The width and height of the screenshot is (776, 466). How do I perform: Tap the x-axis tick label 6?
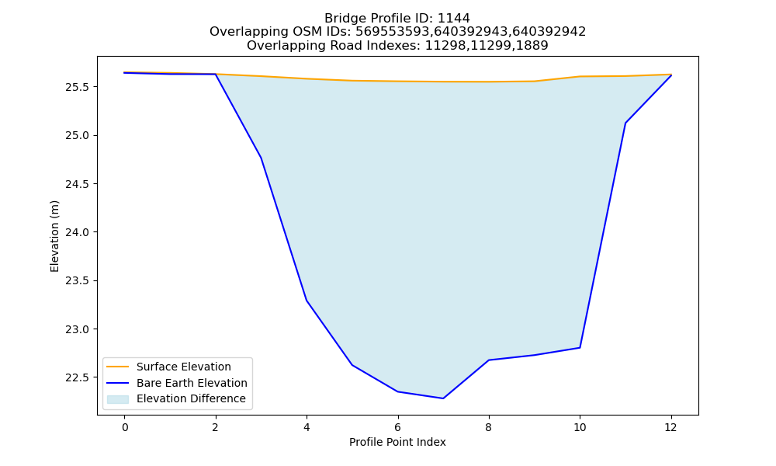click(398, 427)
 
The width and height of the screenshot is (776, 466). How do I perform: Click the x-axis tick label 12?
click(670, 427)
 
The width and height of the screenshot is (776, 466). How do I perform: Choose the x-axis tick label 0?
click(125, 427)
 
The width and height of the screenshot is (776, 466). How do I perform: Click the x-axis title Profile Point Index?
click(397, 442)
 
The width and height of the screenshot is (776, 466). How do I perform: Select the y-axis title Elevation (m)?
click(54, 236)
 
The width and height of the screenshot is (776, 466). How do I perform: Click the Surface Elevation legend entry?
click(168, 367)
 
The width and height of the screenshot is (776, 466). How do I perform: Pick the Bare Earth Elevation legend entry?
click(176, 383)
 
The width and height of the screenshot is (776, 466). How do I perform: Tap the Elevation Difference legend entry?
click(176, 398)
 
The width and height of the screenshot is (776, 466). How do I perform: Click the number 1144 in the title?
click(454, 19)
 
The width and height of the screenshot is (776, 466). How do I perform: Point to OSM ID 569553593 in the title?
click(393, 32)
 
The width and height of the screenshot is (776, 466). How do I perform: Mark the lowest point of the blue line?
click(443, 398)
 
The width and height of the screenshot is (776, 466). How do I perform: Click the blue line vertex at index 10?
click(580, 348)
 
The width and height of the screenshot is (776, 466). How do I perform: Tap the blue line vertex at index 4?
click(307, 301)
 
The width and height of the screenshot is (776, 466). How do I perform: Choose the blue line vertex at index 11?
click(625, 123)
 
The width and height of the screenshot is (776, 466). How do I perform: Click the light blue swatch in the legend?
click(118, 399)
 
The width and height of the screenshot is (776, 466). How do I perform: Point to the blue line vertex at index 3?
click(261, 158)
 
